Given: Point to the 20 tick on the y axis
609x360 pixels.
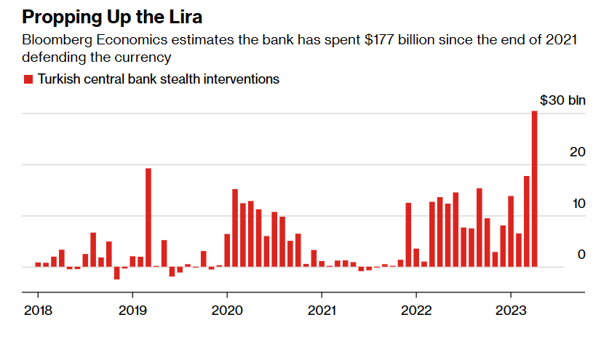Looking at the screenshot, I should [x=577, y=152].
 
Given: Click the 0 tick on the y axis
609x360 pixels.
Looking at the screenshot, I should [x=581, y=254].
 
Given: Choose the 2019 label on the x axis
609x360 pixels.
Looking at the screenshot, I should [x=132, y=311].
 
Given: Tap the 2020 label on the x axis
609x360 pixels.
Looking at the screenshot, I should [x=226, y=311].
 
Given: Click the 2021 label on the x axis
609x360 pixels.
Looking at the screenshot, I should [x=321, y=311].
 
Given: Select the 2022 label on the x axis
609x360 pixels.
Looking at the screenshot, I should [x=416, y=311].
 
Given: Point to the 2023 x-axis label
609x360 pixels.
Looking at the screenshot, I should [x=511, y=311].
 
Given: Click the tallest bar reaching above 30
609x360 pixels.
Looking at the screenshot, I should [x=535, y=189].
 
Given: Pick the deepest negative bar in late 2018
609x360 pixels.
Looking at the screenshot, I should [x=116, y=273].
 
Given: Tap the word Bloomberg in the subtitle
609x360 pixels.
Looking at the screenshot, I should [x=52, y=41].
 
